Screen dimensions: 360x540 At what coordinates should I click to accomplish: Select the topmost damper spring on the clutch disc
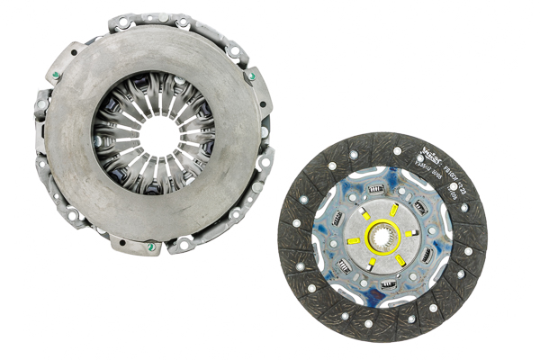pyautogui.click(x=378, y=187)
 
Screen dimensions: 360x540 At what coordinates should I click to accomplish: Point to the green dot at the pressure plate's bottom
pyautogui.click(x=150, y=247)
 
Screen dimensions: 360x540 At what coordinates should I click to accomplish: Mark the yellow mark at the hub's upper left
pyautogui.click(x=364, y=215)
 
